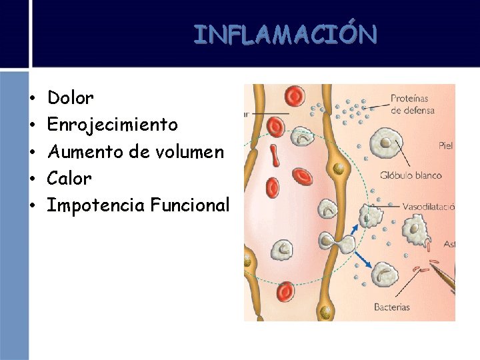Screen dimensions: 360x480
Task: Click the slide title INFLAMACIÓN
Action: [285, 34]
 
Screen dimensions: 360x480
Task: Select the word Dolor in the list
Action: [71, 99]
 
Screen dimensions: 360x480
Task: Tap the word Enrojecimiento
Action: [113, 125]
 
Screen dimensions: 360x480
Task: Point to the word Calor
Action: [69, 179]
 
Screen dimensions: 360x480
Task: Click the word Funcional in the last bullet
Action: [190, 205]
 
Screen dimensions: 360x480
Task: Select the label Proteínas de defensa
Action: [412, 104]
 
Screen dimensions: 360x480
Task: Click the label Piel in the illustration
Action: [446, 145]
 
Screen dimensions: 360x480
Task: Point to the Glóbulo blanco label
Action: [410, 176]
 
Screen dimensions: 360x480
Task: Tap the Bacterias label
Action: [391, 307]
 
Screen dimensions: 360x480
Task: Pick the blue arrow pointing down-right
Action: [363, 257]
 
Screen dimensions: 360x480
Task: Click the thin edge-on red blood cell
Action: [275, 155]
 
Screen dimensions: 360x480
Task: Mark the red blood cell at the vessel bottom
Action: [286, 291]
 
